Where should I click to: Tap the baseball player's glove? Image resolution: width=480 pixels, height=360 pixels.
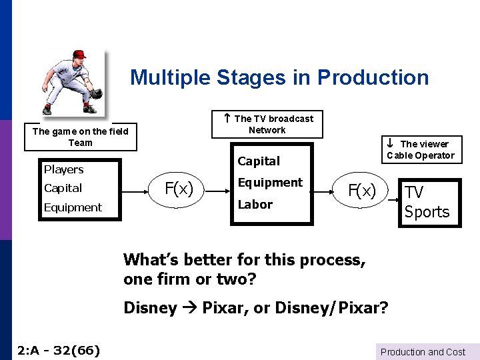[x=95, y=93]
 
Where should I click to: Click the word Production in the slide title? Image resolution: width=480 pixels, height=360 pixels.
[x=373, y=77]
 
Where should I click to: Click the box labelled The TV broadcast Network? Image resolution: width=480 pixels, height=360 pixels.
[x=267, y=124]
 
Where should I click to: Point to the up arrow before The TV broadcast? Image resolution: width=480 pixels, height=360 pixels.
[x=227, y=118]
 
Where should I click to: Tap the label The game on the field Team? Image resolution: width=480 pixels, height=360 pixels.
[x=80, y=137]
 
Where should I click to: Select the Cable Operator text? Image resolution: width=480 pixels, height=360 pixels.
[x=420, y=155]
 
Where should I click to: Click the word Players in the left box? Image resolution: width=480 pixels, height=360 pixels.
[x=64, y=169]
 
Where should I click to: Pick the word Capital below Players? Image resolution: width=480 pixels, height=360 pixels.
[x=63, y=188]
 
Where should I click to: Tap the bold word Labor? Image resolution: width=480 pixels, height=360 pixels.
[x=255, y=204]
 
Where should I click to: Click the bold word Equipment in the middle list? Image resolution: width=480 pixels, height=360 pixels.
[x=270, y=182]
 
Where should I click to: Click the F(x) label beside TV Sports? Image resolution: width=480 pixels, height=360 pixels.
[x=363, y=191]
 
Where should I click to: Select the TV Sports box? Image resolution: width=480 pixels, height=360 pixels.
[x=427, y=203]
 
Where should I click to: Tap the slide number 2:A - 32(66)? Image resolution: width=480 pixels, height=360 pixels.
[x=59, y=349]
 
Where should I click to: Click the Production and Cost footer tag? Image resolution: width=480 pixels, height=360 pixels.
[x=423, y=352]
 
